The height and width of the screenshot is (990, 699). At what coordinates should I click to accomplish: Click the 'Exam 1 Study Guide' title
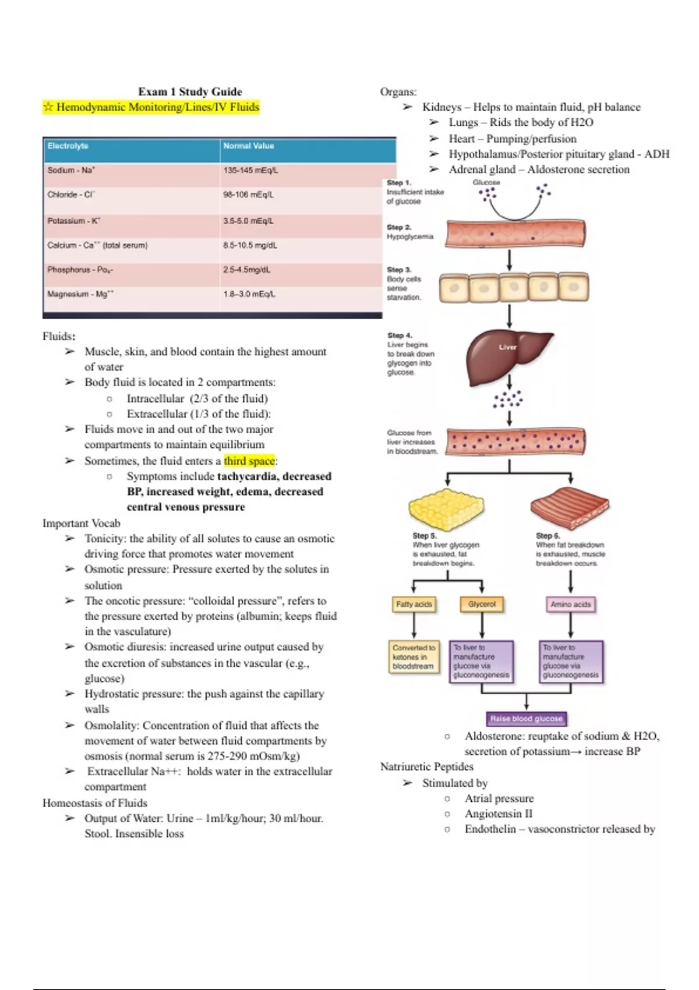click(x=190, y=91)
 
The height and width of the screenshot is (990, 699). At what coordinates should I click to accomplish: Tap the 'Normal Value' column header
click(x=249, y=146)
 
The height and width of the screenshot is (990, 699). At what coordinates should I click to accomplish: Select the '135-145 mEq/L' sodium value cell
click(x=251, y=171)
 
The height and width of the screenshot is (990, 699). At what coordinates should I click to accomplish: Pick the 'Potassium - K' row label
click(x=74, y=221)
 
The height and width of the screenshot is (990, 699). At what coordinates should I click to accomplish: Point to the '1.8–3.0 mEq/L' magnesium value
click(x=249, y=294)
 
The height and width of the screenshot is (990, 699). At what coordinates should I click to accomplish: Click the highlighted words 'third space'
click(x=249, y=461)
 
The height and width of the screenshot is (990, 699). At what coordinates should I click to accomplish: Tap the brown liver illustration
click(x=508, y=354)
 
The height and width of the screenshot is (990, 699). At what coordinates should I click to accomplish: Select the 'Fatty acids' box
click(x=414, y=604)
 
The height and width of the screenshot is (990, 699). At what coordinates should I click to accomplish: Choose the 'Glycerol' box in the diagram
click(x=482, y=604)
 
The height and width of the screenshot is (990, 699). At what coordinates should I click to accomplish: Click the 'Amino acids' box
click(x=570, y=604)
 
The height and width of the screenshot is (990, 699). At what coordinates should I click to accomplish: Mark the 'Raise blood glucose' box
click(x=527, y=719)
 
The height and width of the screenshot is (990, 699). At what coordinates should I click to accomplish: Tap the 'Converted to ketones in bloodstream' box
click(x=414, y=657)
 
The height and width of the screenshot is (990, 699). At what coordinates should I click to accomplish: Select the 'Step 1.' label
click(x=398, y=183)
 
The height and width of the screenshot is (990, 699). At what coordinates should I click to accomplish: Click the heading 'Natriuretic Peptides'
click(x=426, y=767)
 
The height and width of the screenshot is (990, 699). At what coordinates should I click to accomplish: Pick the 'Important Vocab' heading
click(x=82, y=523)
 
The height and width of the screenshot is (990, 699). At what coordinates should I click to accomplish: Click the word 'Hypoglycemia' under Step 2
click(x=410, y=236)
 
